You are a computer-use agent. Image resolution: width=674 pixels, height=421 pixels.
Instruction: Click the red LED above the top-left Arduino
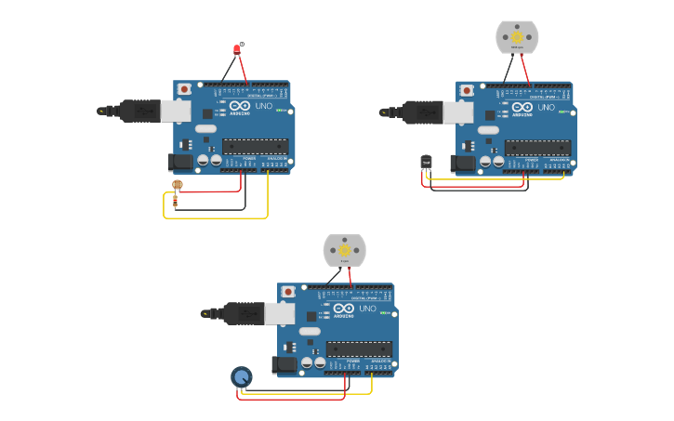click(x=236, y=49)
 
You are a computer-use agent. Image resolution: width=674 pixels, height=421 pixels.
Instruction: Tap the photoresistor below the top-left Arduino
click(x=178, y=184)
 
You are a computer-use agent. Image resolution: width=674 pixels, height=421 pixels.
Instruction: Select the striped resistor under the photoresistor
click(x=176, y=201)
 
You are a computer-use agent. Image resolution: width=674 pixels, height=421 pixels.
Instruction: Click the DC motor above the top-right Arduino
click(x=517, y=37)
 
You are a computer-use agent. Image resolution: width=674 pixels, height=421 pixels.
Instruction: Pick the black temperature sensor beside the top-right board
click(x=426, y=162)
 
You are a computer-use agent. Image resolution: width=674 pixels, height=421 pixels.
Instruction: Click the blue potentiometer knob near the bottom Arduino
click(x=241, y=376)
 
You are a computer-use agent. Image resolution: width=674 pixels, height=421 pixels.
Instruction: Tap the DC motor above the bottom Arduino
click(x=344, y=250)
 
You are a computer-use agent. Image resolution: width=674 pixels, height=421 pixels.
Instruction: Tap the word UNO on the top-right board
click(x=546, y=107)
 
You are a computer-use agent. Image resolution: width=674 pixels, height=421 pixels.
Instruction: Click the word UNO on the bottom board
click(x=367, y=309)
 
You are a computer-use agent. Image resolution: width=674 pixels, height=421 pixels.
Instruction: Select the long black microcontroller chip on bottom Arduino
click(x=359, y=349)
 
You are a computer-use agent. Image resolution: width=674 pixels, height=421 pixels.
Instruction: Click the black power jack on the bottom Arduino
click(x=285, y=365)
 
